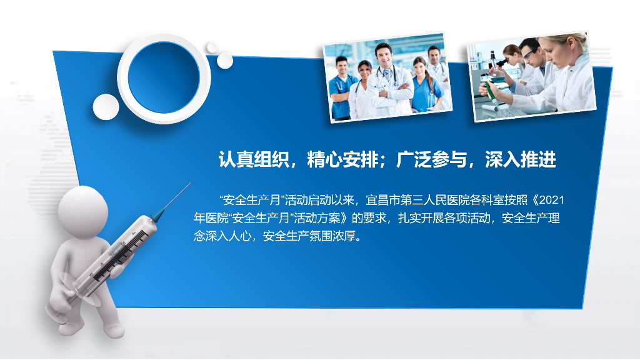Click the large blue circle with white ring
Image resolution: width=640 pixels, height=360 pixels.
[x=164, y=77]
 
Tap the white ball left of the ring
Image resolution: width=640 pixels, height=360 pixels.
[x=106, y=107]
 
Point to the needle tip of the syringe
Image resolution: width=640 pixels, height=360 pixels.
[x=191, y=183]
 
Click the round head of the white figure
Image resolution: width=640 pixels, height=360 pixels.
[x=83, y=211]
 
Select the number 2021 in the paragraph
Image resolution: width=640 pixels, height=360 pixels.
[x=552, y=200]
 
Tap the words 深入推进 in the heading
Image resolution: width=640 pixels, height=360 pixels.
[x=521, y=159]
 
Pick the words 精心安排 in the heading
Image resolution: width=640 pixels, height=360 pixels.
[x=343, y=159]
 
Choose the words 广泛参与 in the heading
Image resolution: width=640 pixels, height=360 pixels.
[x=431, y=159]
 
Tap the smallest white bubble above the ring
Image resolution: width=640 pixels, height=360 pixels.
[x=212, y=47]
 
